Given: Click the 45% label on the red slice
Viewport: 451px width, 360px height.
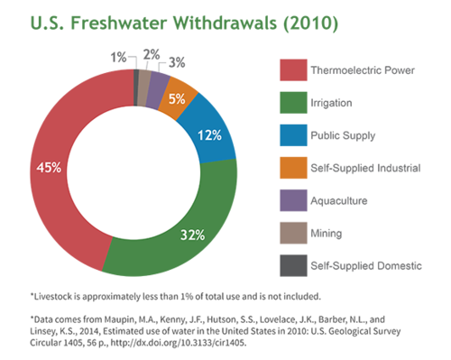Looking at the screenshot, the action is point(49,168).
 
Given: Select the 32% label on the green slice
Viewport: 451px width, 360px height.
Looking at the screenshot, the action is point(192,235).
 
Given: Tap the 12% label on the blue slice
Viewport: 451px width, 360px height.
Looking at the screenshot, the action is point(209,135).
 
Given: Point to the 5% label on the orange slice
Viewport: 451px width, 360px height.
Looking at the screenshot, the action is point(177,99).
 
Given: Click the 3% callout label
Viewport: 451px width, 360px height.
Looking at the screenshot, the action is point(177,62).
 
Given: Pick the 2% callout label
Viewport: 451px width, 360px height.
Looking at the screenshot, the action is point(152,55).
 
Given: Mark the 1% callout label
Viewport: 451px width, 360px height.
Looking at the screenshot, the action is point(118,57).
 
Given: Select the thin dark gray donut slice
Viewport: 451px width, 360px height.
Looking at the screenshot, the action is point(136,88).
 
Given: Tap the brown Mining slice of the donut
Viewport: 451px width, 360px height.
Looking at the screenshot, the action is point(143,88).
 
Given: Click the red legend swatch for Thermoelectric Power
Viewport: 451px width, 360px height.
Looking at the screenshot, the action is point(293,70).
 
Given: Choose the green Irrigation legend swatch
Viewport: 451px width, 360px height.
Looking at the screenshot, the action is point(293,103).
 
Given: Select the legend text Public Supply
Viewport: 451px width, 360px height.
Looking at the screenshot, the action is point(343,135).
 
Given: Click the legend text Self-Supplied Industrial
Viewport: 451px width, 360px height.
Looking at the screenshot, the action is point(365,168).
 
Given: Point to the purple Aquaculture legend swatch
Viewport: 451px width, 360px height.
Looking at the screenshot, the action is point(293,200).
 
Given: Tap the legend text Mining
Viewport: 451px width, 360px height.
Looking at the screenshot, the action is point(327,234).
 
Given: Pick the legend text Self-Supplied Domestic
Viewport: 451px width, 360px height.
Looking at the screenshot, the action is point(366,265).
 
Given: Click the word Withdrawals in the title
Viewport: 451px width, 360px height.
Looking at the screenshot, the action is point(225,23).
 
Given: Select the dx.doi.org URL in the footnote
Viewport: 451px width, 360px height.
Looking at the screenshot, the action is point(179,343).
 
